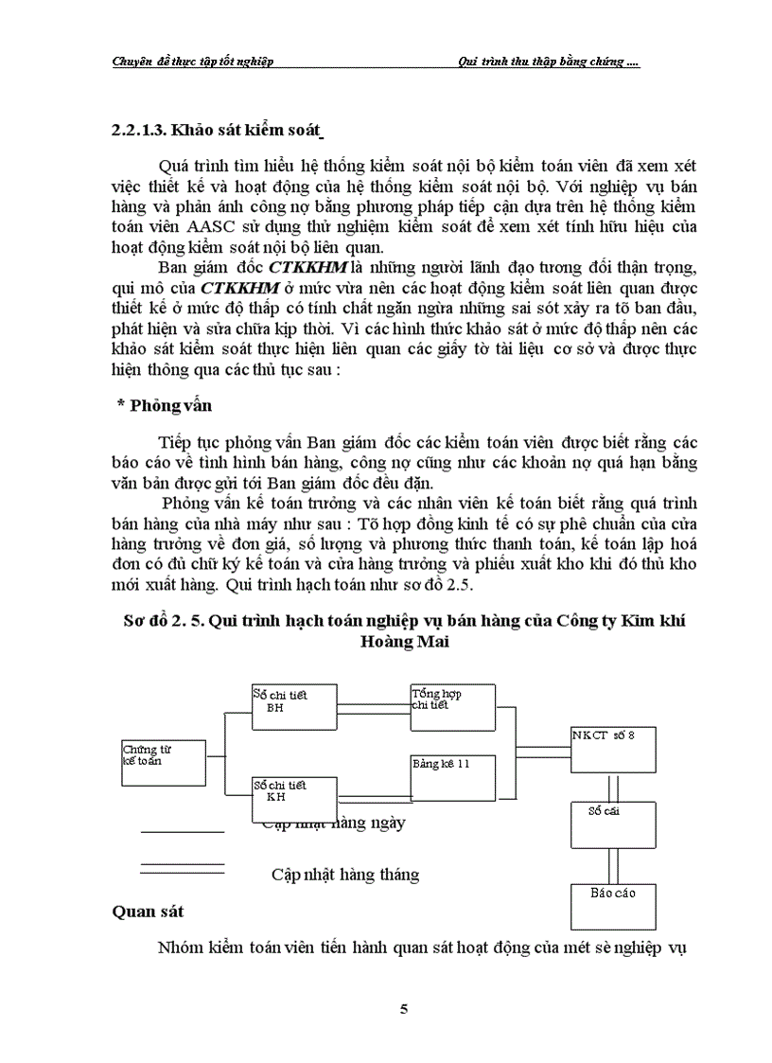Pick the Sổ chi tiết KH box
294,797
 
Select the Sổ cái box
612,824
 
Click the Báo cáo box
612,906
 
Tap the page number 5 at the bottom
404,1009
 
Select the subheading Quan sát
148,912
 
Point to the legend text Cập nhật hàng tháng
344,874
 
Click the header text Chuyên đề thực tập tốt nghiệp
192,62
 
